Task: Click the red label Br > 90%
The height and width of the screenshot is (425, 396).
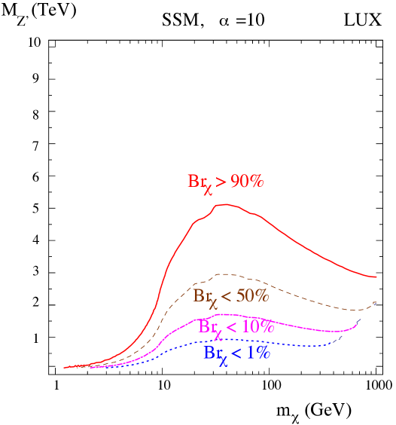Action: pyautogui.click(x=225, y=182)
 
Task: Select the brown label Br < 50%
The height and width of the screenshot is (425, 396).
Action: pyautogui.click(x=230, y=296)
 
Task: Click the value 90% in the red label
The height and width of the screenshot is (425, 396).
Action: pyautogui.click(x=247, y=182)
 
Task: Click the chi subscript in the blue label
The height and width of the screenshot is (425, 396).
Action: pyautogui.click(x=223, y=359)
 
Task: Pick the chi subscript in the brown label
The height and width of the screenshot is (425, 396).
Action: pyautogui.click(x=212, y=302)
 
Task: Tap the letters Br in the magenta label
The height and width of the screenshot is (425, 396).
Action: pyautogui.click(x=206, y=326)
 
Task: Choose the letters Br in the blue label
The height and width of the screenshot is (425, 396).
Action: pyautogui.click(x=212, y=352)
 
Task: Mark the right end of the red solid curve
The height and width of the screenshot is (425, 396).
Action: pyautogui.click(x=376, y=277)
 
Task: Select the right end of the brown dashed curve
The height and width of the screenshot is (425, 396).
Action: pyautogui.click(x=376, y=303)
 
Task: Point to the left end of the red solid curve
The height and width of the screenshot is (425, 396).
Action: pyautogui.click(x=65, y=368)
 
